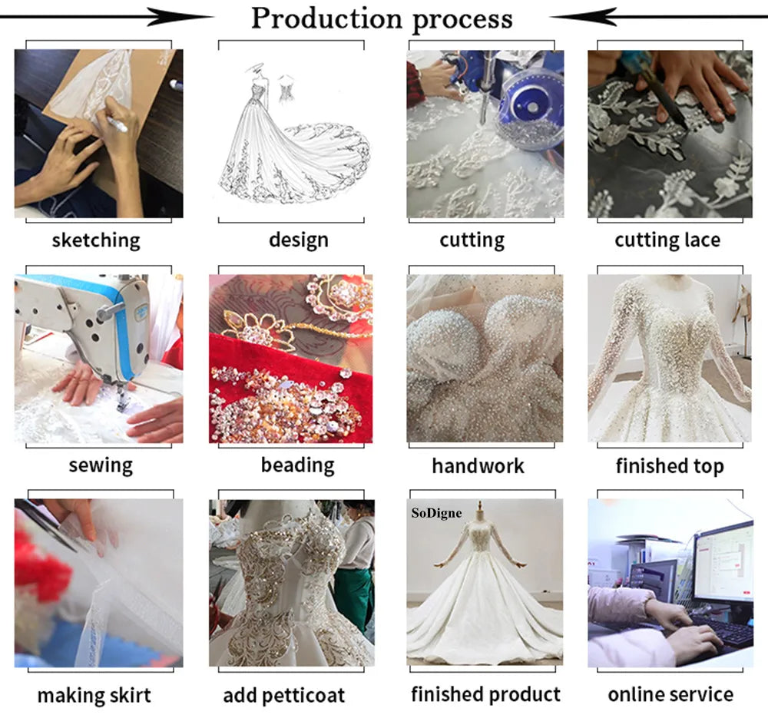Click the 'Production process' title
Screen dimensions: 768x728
pos(382,18)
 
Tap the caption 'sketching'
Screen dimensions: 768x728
pos(96,240)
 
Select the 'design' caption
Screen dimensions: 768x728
pos(299,240)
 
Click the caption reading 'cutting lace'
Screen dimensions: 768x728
pos(667,240)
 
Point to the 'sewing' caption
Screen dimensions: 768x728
pos(101,465)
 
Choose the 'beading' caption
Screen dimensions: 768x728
pos(298,465)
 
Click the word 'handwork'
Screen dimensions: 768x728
pos(478,466)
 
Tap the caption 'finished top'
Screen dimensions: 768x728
pos(670,466)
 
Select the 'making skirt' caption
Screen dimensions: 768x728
pos(94,695)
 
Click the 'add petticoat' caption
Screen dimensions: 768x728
pos(284,695)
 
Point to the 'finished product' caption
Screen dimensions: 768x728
pos(485,694)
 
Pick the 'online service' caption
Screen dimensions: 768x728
pos(670,694)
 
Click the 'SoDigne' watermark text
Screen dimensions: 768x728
pos(436,513)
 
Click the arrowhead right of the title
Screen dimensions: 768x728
pos(584,17)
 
